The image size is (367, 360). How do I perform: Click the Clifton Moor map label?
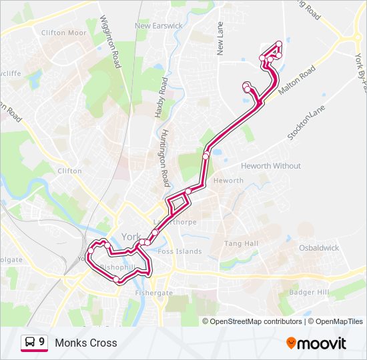pyautogui.click(x=64, y=32)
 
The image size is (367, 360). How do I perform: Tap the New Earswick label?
pyautogui.click(x=159, y=26)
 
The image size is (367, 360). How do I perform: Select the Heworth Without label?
pyautogui.click(x=271, y=166)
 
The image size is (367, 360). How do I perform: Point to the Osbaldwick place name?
pyautogui.click(x=318, y=248)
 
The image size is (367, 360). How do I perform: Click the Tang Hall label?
pyautogui.click(x=241, y=243)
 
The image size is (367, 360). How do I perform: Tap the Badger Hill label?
pyautogui.click(x=309, y=293)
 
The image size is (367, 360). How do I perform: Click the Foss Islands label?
pyautogui.click(x=180, y=251)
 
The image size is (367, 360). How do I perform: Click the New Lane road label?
pyautogui.click(x=220, y=38)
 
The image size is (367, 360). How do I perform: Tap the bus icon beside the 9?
pyautogui.click(x=29, y=343)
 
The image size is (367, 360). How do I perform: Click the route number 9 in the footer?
pyautogui.click(x=42, y=343)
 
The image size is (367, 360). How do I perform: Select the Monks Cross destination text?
pyautogui.click(x=86, y=343)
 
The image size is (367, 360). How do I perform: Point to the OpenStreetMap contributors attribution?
pyautogui.click(x=256, y=321)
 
